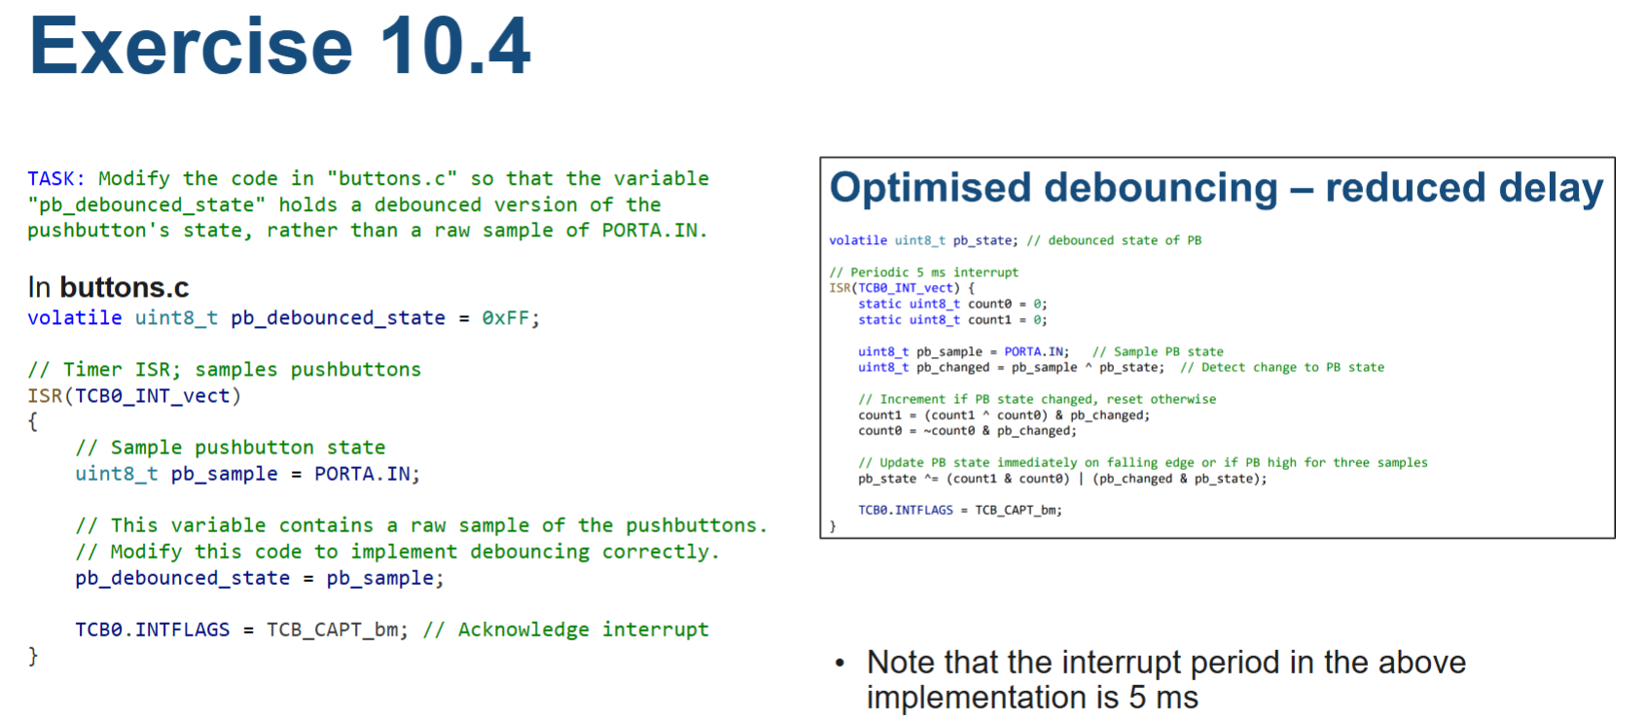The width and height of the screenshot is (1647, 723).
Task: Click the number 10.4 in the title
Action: click(455, 47)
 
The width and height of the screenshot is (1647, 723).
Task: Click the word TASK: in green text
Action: click(55, 179)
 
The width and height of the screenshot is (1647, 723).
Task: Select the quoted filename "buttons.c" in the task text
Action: click(392, 179)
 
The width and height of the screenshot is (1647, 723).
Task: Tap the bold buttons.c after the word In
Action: click(124, 288)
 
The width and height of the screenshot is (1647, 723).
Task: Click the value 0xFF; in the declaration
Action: click(510, 318)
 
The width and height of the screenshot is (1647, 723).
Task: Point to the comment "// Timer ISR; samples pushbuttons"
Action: click(224, 370)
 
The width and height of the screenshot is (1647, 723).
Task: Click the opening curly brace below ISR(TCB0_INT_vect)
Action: click(33, 421)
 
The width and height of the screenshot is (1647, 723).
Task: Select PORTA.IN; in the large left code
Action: click(367, 474)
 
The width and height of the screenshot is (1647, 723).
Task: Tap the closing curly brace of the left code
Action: click(33, 655)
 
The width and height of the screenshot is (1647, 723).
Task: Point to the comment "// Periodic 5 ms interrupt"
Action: click(923, 272)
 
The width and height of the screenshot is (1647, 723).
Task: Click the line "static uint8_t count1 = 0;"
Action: click(951, 320)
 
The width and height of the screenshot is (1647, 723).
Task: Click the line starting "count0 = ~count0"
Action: click(966, 431)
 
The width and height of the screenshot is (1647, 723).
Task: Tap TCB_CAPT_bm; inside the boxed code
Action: click(1018, 510)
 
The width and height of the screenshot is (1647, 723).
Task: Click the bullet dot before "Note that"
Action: click(840, 665)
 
